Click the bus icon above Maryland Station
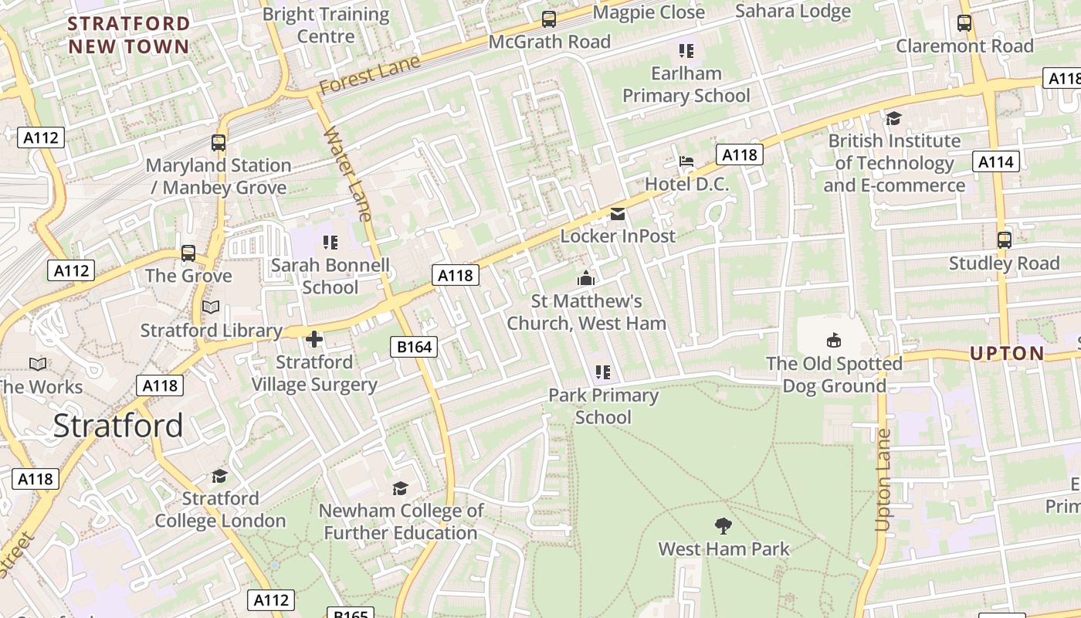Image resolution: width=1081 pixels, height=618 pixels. (219, 143)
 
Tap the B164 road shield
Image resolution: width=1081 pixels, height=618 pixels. (414, 347)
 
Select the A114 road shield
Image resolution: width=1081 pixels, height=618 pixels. (997, 161)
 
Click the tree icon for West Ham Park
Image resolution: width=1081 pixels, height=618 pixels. (723, 526)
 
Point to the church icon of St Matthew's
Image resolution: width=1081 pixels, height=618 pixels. (586, 278)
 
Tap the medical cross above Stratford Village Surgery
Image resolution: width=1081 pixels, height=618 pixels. (314, 339)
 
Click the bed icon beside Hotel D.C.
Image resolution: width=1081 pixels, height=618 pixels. (686, 161)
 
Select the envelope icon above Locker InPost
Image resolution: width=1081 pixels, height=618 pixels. (618, 213)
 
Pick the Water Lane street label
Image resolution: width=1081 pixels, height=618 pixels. (348, 173)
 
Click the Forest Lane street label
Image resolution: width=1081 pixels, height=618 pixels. (370, 75)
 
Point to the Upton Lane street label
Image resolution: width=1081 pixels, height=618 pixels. (883, 480)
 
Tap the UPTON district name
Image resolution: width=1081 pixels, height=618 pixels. (1007, 354)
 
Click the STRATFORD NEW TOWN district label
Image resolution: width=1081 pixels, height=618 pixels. (128, 35)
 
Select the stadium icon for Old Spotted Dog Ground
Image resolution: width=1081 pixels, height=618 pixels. (834, 340)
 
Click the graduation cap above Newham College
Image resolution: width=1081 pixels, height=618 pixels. (400, 488)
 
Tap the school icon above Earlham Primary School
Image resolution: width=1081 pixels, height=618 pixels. (686, 51)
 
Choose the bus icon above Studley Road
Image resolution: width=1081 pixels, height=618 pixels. (1004, 240)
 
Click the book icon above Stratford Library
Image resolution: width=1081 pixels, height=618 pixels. (211, 307)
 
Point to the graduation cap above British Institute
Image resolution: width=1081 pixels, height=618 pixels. (893, 118)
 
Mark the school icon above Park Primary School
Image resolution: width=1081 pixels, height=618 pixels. (603, 372)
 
